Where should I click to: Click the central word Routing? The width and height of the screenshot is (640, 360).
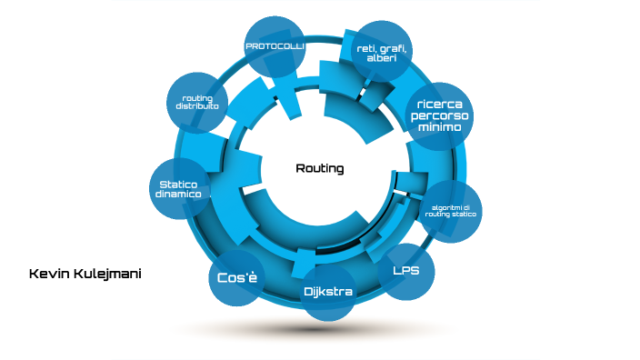pos(320,169)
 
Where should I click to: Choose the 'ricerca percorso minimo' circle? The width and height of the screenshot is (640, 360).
pos(440,115)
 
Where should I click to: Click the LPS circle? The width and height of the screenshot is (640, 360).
pos(405,271)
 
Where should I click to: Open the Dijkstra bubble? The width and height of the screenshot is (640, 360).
pos(328,292)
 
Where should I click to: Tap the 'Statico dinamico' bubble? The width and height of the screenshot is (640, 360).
pos(178,189)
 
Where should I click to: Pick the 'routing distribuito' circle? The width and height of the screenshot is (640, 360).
pos(197,102)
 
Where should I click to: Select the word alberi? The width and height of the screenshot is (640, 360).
pos(381,59)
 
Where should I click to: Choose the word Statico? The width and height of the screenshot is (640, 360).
pos(177,184)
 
